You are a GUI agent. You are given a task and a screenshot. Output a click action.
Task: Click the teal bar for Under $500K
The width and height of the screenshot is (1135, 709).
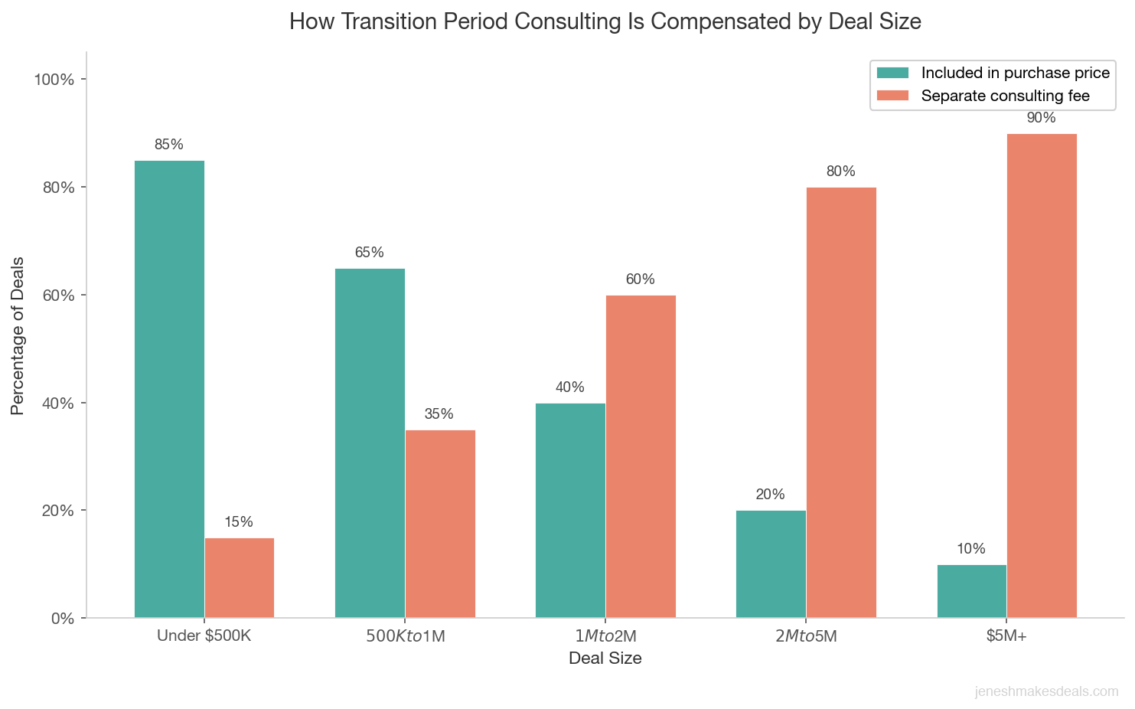[x=169, y=389]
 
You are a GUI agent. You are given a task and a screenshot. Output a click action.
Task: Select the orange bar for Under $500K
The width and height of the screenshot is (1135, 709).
[x=240, y=577]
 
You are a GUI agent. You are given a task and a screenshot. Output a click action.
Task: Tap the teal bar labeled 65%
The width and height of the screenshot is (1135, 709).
[x=370, y=443]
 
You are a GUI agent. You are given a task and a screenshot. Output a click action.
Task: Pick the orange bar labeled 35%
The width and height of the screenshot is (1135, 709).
[x=440, y=524]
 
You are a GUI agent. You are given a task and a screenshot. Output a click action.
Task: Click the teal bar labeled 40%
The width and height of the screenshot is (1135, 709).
[x=570, y=510]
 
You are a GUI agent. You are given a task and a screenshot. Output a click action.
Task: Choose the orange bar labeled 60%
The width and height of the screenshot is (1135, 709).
[x=641, y=456]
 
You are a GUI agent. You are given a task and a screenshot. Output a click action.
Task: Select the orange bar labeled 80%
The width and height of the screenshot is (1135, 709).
[x=841, y=402]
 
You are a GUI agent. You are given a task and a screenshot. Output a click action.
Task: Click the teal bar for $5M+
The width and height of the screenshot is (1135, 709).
[x=971, y=591]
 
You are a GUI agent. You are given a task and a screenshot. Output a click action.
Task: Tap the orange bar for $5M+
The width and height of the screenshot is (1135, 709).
[x=1042, y=375]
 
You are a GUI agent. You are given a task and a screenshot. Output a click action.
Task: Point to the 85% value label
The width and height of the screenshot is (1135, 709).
[x=169, y=145]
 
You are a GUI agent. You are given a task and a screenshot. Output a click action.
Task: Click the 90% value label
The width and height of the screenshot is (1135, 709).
[x=1042, y=118]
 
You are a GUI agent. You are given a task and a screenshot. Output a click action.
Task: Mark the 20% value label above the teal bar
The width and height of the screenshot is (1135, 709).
[x=771, y=495]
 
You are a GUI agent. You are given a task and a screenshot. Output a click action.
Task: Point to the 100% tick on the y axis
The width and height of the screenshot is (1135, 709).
[x=55, y=80]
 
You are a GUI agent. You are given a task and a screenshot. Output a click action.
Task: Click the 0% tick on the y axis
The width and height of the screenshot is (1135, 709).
[x=61, y=619]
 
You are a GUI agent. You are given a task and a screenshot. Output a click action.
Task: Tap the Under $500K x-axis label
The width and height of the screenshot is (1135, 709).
[x=204, y=635]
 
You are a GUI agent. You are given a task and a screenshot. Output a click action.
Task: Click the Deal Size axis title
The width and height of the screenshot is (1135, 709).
[x=605, y=658]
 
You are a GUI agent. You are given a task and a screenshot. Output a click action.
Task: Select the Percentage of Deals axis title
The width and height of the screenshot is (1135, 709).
[x=18, y=335]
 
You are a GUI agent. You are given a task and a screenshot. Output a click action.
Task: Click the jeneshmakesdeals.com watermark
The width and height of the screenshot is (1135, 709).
[x=1046, y=692]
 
